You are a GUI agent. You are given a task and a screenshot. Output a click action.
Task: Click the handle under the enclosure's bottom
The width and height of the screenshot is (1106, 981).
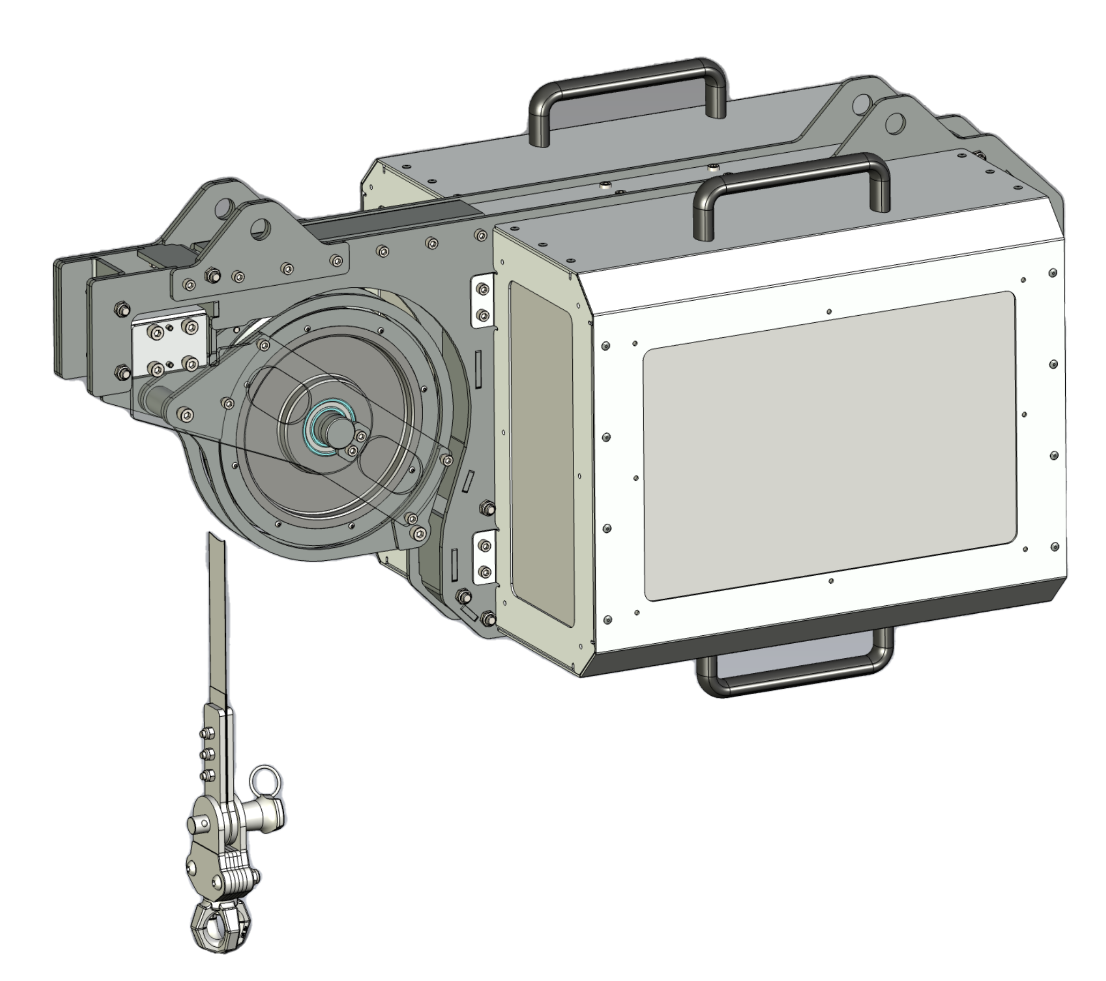tap(795, 686)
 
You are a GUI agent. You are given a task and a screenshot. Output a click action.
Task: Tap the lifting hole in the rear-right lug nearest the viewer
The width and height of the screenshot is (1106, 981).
tap(895, 123)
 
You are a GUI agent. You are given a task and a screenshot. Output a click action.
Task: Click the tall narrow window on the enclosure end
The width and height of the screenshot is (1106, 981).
tap(541, 454)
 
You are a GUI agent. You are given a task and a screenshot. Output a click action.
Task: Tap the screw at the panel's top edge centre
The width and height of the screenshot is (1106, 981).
tap(829, 311)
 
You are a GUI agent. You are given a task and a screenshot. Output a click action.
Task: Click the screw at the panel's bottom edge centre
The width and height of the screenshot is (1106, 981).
tap(831, 581)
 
